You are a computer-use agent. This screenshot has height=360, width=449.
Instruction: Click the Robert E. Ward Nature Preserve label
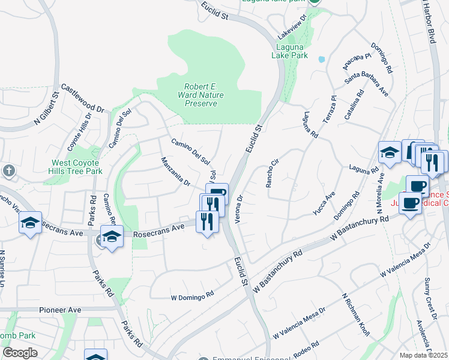click(200, 95)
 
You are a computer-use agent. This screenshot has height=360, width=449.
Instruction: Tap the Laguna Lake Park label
click(292, 51)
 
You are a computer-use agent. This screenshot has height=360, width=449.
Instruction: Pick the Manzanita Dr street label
click(175, 171)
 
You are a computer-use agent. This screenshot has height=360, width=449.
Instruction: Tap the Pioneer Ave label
click(60, 310)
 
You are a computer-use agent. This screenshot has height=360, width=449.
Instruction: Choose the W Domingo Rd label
click(192, 296)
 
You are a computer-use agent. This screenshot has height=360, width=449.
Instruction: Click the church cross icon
click(8, 171)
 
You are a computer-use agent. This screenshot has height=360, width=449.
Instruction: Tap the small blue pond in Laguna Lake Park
click(322, 59)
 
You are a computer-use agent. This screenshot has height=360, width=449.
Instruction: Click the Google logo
click(20, 353)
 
